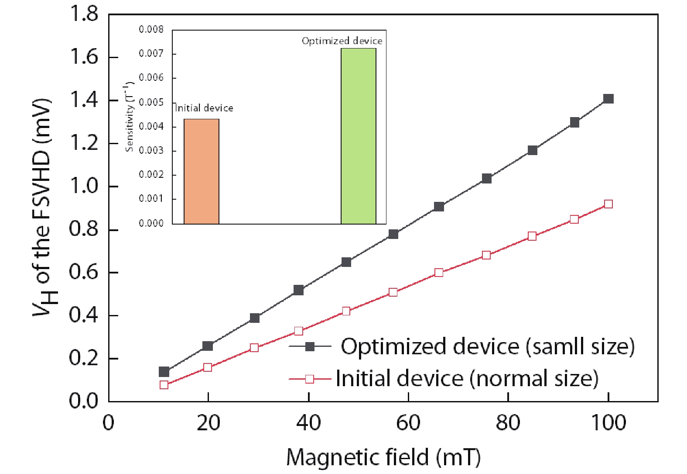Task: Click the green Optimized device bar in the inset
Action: pos(358,136)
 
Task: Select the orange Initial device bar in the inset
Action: pos(202,171)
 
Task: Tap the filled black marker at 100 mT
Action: pos(608,99)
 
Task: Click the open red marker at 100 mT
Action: pos(608,204)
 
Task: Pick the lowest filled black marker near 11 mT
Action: pos(164,372)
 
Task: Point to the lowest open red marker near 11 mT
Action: pos(164,385)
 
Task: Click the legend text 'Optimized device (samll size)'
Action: pos(487,346)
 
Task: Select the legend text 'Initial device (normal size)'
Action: pos(467,378)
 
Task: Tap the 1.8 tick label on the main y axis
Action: pos(84,14)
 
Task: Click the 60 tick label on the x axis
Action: pos(408,423)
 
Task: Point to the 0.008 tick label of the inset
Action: pos(151,30)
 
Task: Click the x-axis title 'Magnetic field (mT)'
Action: pos(383,457)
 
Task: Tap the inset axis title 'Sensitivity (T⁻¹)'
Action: pos(129,116)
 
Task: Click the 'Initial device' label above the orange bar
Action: pos(204,108)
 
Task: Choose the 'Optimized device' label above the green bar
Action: pos(342,41)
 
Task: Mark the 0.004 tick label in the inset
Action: pos(151,127)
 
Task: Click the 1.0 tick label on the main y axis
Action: pos(84,187)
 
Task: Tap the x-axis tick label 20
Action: pos(208,423)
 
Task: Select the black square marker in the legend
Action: pos(310,347)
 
